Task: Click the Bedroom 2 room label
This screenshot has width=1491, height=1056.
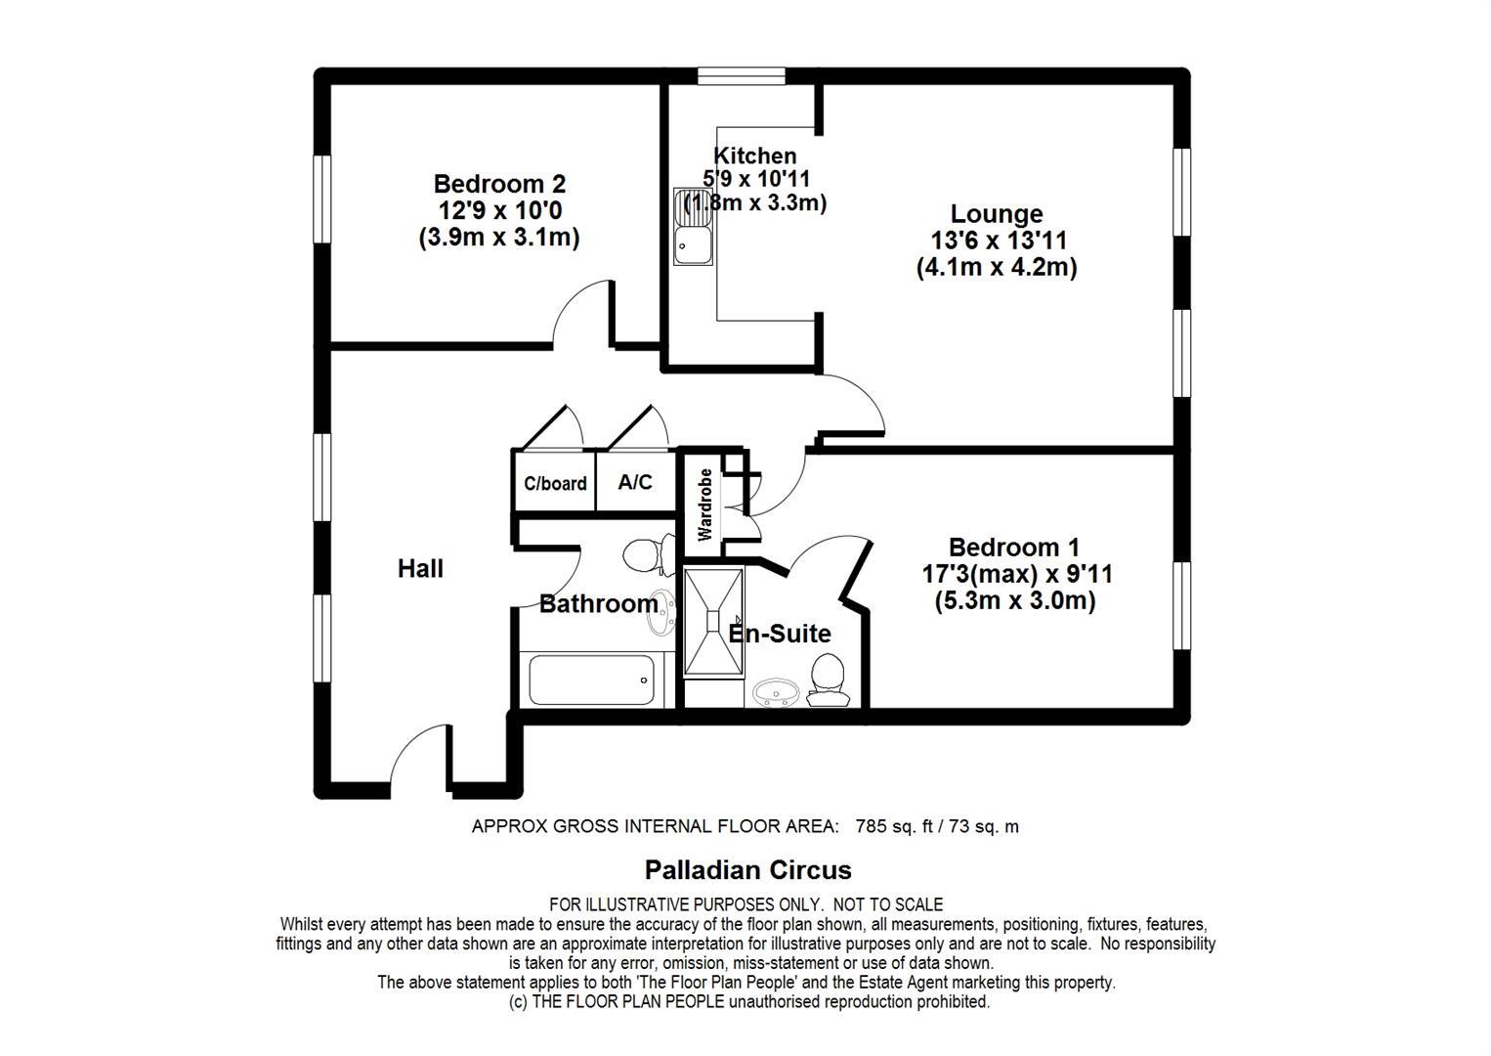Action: coord(499,183)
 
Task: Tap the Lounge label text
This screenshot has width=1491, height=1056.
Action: coord(997,214)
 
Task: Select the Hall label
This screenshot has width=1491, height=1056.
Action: coord(420,568)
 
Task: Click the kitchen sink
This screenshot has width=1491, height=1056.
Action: coord(693,227)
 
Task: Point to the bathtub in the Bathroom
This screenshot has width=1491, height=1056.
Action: coord(592,680)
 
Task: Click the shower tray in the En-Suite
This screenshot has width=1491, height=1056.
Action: coord(713,622)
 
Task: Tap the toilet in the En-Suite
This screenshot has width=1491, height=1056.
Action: coord(828,680)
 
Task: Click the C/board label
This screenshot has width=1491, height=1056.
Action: coord(555,483)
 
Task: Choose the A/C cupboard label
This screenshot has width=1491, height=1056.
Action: coord(635,482)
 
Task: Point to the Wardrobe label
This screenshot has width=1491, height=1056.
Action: coord(704,505)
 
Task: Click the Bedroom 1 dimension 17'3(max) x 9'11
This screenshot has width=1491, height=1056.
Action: coord(1016,574)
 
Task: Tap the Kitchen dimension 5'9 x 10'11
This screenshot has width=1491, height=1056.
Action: coord(756,179)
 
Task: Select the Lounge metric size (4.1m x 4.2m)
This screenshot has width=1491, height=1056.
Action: coord(997,267)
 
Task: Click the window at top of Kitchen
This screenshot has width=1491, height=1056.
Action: coord(742,76)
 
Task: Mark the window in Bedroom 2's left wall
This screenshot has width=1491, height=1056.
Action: coord(322,199)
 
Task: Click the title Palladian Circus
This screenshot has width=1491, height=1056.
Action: coord(747,870)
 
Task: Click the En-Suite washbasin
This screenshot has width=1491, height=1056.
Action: coord(776,693)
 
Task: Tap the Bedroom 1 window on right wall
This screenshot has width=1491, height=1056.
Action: coord(1181,605)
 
